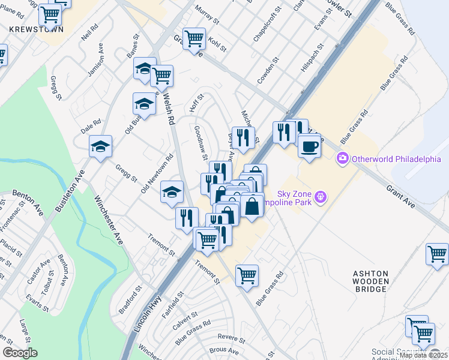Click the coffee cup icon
pos(309,146)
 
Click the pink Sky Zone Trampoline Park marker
pos(321,196)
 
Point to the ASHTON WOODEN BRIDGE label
pos(370,281)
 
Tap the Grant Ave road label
pos(400,197)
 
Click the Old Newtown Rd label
pos(157,173)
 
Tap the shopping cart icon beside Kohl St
pos(194,39)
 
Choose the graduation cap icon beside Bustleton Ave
pos(100,146)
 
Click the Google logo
pos(20,353)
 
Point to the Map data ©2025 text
pos(423,355)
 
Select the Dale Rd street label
pos(91,127)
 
